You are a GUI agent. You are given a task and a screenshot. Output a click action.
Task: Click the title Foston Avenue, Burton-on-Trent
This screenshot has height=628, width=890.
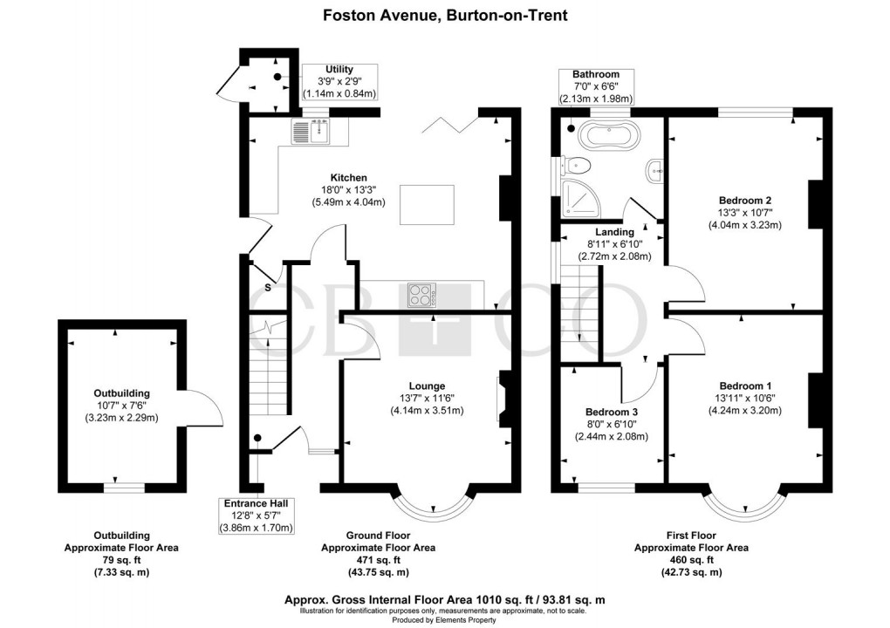(x=444, y=15)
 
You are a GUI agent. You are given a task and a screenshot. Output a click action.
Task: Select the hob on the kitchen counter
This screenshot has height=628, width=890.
(x=423, y=295)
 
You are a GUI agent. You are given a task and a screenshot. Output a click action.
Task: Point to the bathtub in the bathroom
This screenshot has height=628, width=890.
(x=611, y=135)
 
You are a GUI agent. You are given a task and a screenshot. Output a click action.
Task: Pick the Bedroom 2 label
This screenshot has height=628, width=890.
(x=744, y=200)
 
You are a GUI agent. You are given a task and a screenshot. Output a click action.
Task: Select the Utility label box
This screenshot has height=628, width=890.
(x=339, y=81)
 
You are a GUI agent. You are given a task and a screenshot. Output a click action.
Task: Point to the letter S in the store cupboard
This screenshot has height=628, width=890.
(x=268, y=287)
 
